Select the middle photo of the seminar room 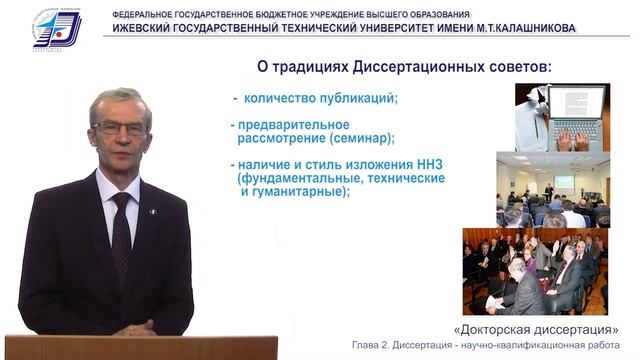tap(553, 189)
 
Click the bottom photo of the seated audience tap(534, 271)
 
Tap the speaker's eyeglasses tap(120, 128)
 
